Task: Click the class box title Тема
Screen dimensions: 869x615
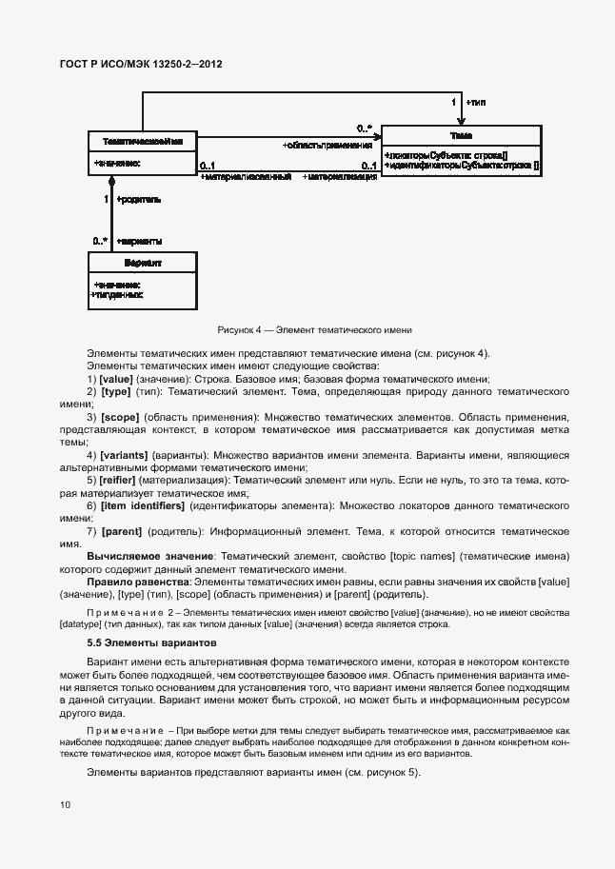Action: pyautogui.click(x=461, y=135)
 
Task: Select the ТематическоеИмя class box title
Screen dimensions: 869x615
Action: pyautogui.click(x=143, y=140)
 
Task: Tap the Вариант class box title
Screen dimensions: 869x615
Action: pyautogui.click(x=143, y=262)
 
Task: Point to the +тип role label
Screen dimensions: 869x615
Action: pyautogui.click(x=476, y=101)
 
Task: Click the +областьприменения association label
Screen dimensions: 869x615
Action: pyautogui.click(x=327, y=146)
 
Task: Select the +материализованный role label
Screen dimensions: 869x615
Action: pyautogui.click(x=246, y=177)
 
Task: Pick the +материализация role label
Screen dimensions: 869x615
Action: pyautogui.click(x=340, y=177)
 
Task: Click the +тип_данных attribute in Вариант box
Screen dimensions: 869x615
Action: pyautogui.click(x=116, y=295)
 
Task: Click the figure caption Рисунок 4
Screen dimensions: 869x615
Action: pyautogui.click(x=314, y=329)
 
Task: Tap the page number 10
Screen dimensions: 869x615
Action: pyautogui.click(x=65, y=805)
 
